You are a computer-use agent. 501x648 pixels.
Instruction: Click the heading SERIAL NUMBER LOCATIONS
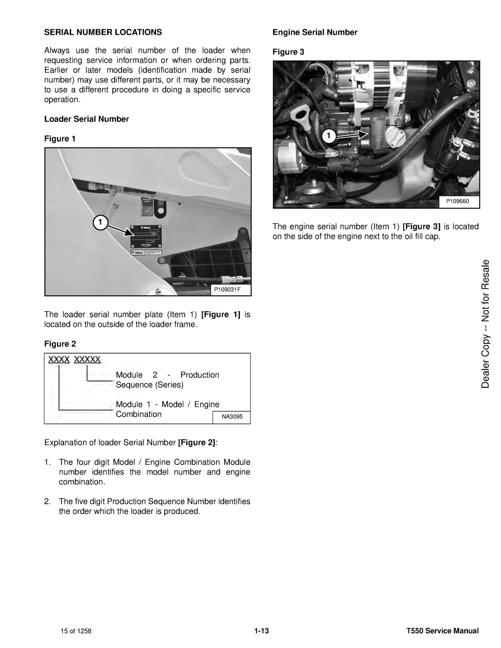[x=103, y=32]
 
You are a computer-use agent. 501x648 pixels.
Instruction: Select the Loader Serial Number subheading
[x=86, y=119]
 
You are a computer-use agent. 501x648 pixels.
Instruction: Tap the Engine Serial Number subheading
[x=315, y=32]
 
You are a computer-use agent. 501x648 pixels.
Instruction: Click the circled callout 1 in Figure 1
[x=100, y=222]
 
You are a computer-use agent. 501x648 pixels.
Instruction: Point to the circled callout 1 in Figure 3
[x=329, y=136]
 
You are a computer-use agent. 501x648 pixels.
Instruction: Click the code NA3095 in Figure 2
[x=232, y=416]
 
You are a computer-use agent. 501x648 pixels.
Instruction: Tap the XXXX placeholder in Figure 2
[x=59, y=359]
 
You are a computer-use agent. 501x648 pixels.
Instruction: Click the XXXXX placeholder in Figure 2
[x=88, y=359]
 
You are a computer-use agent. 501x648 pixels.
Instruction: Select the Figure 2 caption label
[x=60, y=344]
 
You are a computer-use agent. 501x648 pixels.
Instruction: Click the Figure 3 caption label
[x=288, y=52]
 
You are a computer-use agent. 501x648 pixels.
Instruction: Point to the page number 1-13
[x=261, y=631]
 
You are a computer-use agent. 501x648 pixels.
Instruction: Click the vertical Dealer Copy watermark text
[x=485, y=324]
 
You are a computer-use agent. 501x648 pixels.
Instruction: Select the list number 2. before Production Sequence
[x=47, y=501]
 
